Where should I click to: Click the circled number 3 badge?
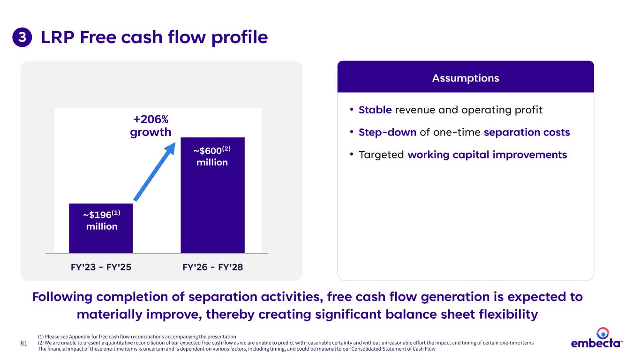pyautogui.click(x=22, y=37)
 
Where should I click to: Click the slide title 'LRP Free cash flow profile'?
pyautogui.click(x=154, y=37)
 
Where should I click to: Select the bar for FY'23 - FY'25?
pyautogui.click(x=101, y=228)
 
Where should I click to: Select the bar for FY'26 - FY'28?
pyautogui.click(x=212, y=195)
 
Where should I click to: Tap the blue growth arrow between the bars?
pyautogui.click(x=155, y=172)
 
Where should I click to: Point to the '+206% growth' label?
pyautogui.click(x=151, y=126)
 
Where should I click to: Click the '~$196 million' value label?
pyautogui.click(x=102, y=220)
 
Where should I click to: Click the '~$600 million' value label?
pyautogui.click(x=212, y=156)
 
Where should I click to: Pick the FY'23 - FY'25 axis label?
pyautogui.click(x=101, y=267)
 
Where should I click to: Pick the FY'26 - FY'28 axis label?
pyautogui.click(x=212, y=267)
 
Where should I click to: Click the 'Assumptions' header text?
pyautogui.click(x=466, y=78)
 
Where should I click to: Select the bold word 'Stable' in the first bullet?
pyautogui.click(x=375, y=110)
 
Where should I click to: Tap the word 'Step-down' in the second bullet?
pyautogui.click(x=387, y=132)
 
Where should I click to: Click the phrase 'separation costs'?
pyautogui.click(x=527, y=132)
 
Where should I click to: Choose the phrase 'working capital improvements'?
pyautogui.click(x=487, y=155)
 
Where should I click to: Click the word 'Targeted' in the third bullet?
pyautogui.click(x=381, y=155)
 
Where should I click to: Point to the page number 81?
pyautogui.click(x=24, y=343)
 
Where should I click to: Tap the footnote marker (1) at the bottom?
pyautogui.click(x=41, y=337)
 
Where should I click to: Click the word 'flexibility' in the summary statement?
pyautogui.click(x=509, y=314)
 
